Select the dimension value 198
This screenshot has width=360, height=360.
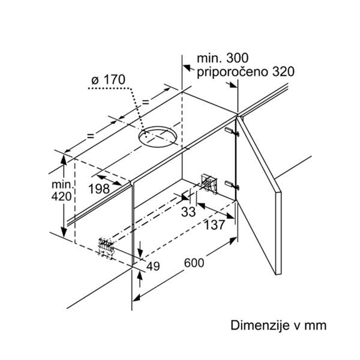(x=98, y=188)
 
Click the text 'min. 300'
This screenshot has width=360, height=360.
(x=222, y=59)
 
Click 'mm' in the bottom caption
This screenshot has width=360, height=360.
(x=316, y=325)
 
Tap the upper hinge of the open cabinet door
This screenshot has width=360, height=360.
(x=232, y=130)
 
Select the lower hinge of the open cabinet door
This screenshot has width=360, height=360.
(x=232, y=184)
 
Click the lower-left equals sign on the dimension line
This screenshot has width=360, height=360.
(x=91, y=136)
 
